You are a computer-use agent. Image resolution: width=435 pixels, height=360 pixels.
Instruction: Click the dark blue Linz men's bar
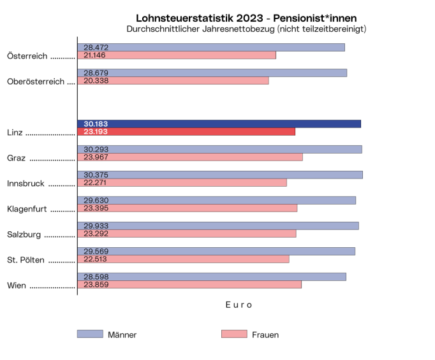tap(219, 124)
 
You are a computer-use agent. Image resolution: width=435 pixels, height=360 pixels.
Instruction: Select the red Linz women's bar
tap(186, 131)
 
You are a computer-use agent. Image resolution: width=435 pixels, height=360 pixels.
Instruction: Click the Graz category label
tap(17, 158)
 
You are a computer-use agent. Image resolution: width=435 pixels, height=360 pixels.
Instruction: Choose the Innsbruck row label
tap(26, 184)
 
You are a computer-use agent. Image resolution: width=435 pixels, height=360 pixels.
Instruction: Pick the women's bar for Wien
tap(189, 284)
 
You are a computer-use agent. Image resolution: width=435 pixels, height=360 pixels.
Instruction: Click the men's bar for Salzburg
tap(218, 226)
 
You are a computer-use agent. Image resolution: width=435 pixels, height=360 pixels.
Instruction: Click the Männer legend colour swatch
tap(90, 334)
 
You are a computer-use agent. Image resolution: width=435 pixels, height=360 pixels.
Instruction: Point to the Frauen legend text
tap(265, 335)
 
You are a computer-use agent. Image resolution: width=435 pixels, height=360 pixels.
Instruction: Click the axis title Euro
tap(239, 305)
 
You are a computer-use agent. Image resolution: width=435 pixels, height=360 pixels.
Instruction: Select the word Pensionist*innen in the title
tap(315, 18)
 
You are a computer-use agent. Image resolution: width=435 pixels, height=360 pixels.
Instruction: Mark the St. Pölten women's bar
tap(183, 259)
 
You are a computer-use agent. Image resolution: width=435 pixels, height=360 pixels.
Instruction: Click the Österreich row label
tap(27, 56)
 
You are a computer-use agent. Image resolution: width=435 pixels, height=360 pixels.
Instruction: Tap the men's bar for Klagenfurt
tap(216, 200)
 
